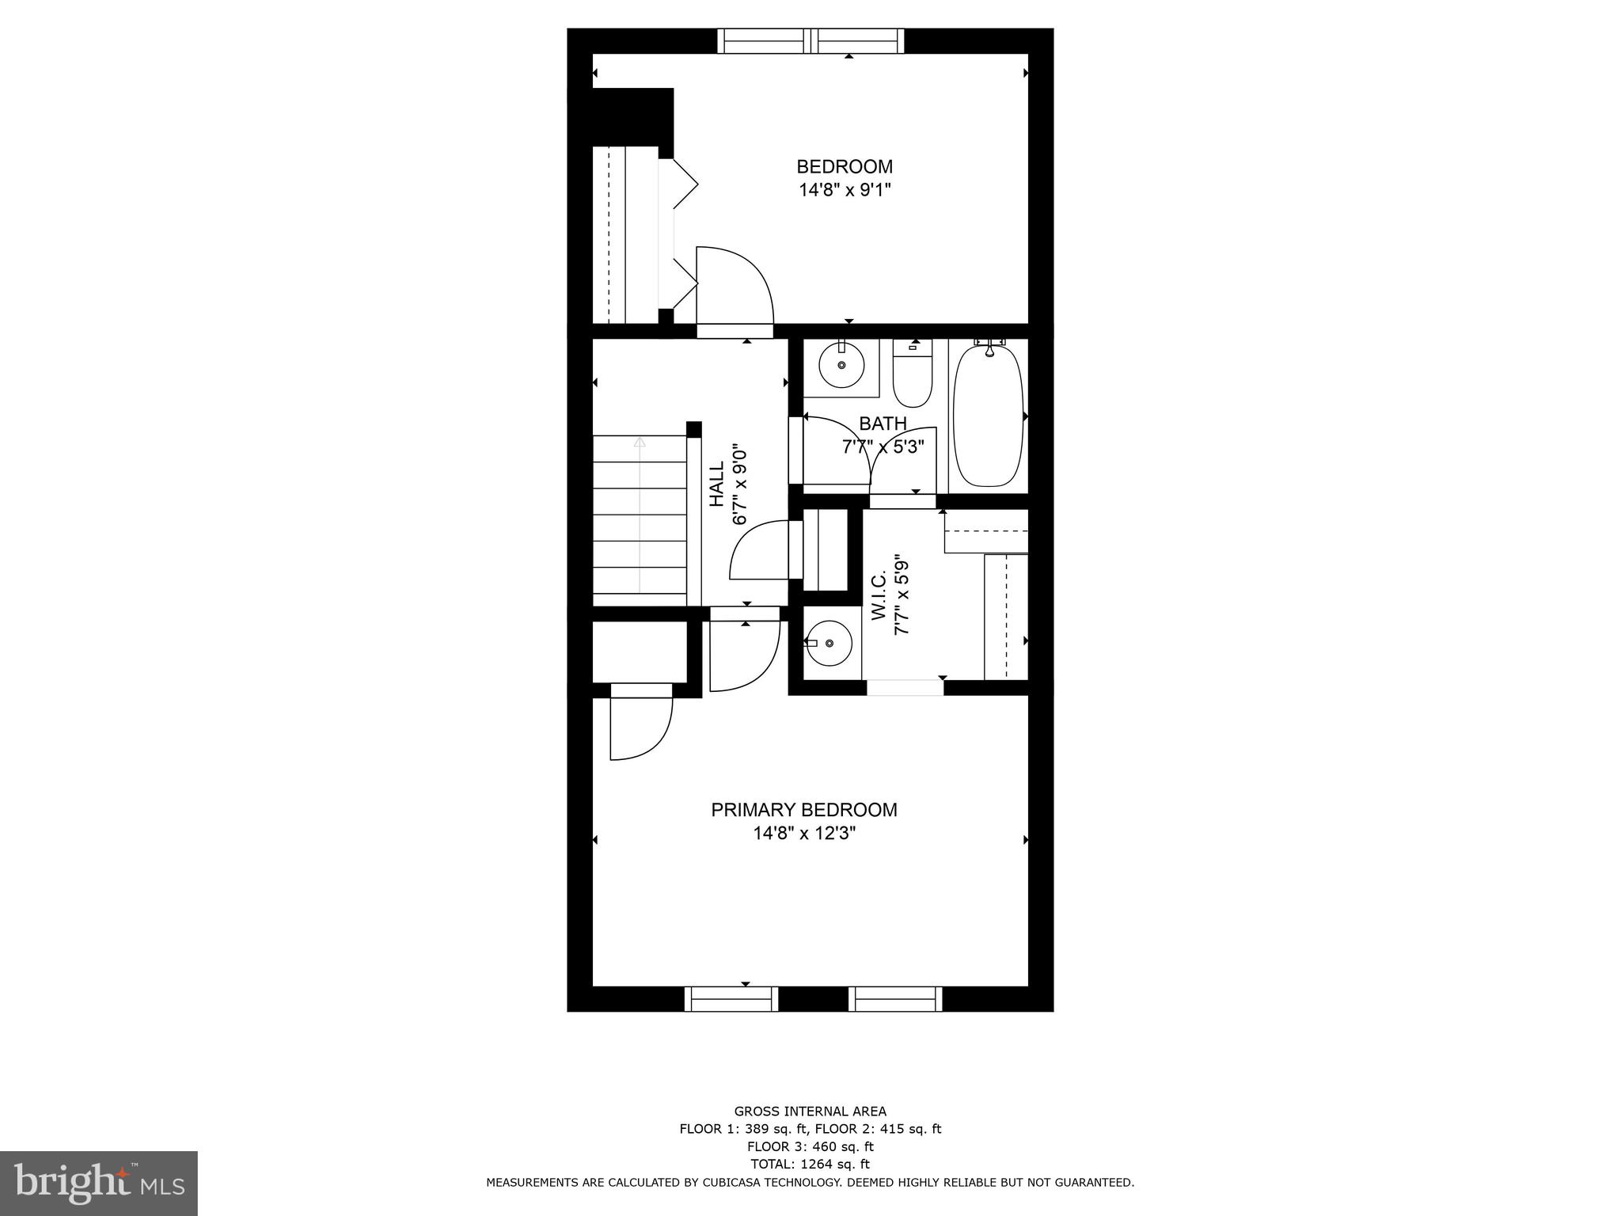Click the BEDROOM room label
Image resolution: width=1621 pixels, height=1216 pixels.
(844, 167)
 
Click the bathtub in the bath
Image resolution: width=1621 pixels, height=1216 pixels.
(988, 416)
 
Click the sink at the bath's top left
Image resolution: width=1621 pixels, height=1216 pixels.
(841, 366)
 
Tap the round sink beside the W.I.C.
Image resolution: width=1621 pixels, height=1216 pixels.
(829, 642)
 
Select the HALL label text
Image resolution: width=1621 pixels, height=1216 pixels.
(717, 485)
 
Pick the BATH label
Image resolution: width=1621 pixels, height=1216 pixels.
(883, 424)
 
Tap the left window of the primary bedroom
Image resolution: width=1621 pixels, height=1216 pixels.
(731, 999)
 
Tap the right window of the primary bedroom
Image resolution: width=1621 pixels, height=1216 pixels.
(896, 999)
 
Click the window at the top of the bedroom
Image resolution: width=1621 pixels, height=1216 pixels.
(810, 40)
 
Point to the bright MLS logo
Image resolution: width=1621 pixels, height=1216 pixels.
(99, 1183)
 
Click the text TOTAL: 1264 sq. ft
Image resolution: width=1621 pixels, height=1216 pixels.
(810, 1164)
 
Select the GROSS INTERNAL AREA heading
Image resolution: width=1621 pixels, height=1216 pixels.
(810, 1111)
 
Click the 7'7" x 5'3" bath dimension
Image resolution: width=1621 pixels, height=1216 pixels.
(883, 447)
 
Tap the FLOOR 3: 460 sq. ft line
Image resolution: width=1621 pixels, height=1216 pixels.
(810, 1146)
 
